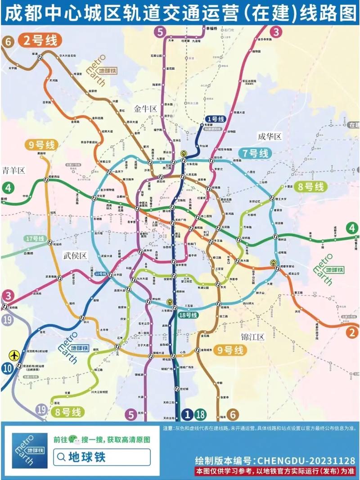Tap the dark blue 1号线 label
[213, 119]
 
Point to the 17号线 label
[35, 238]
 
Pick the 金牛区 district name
[145, 108]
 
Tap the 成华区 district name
[269, 136]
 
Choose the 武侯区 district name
[74, 256]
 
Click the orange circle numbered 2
[352, 332]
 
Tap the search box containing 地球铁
[101, 458]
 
